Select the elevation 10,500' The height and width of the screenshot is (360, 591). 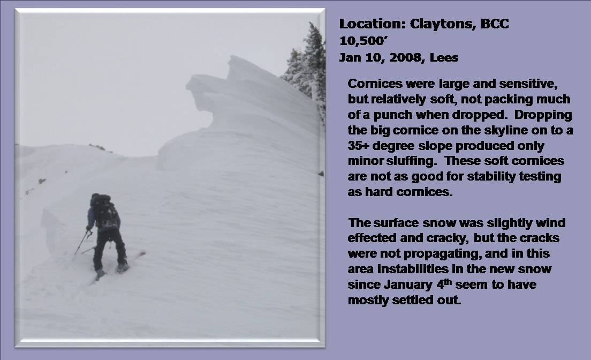(x=363, y=41)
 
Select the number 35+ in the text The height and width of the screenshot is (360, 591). (x=359, y=146)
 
